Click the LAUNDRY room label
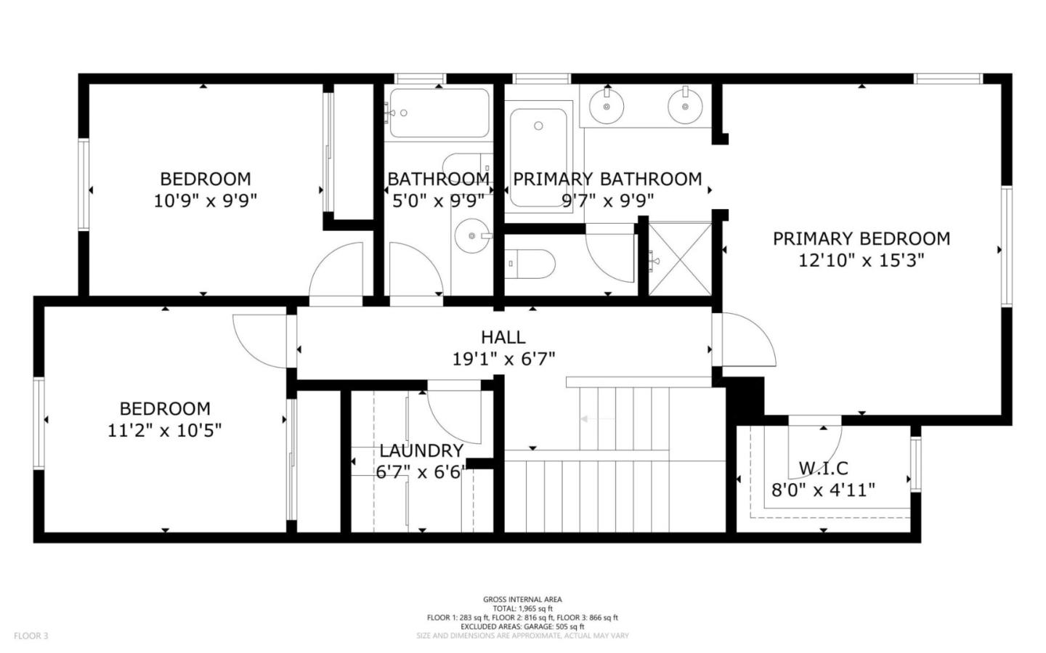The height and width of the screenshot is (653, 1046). point(421,451)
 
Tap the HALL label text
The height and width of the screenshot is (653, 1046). point(503,337)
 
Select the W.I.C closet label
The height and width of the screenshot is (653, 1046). point(823,469)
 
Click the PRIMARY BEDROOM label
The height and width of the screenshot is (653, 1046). point(861,239)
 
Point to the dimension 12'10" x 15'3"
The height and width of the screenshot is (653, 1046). point(861,260)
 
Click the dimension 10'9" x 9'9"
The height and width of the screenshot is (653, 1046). point(206,200)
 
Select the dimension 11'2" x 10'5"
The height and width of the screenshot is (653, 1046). point(164,431)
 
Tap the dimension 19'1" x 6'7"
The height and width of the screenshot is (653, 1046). point(503,358)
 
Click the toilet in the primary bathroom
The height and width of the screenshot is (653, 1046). point(530,263)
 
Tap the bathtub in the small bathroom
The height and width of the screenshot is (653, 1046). point(438,113)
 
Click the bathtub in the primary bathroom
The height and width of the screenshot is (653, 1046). point(538,157)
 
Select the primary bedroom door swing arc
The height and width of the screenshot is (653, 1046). point(748,341)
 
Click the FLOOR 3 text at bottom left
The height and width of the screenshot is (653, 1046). point(31,636)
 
